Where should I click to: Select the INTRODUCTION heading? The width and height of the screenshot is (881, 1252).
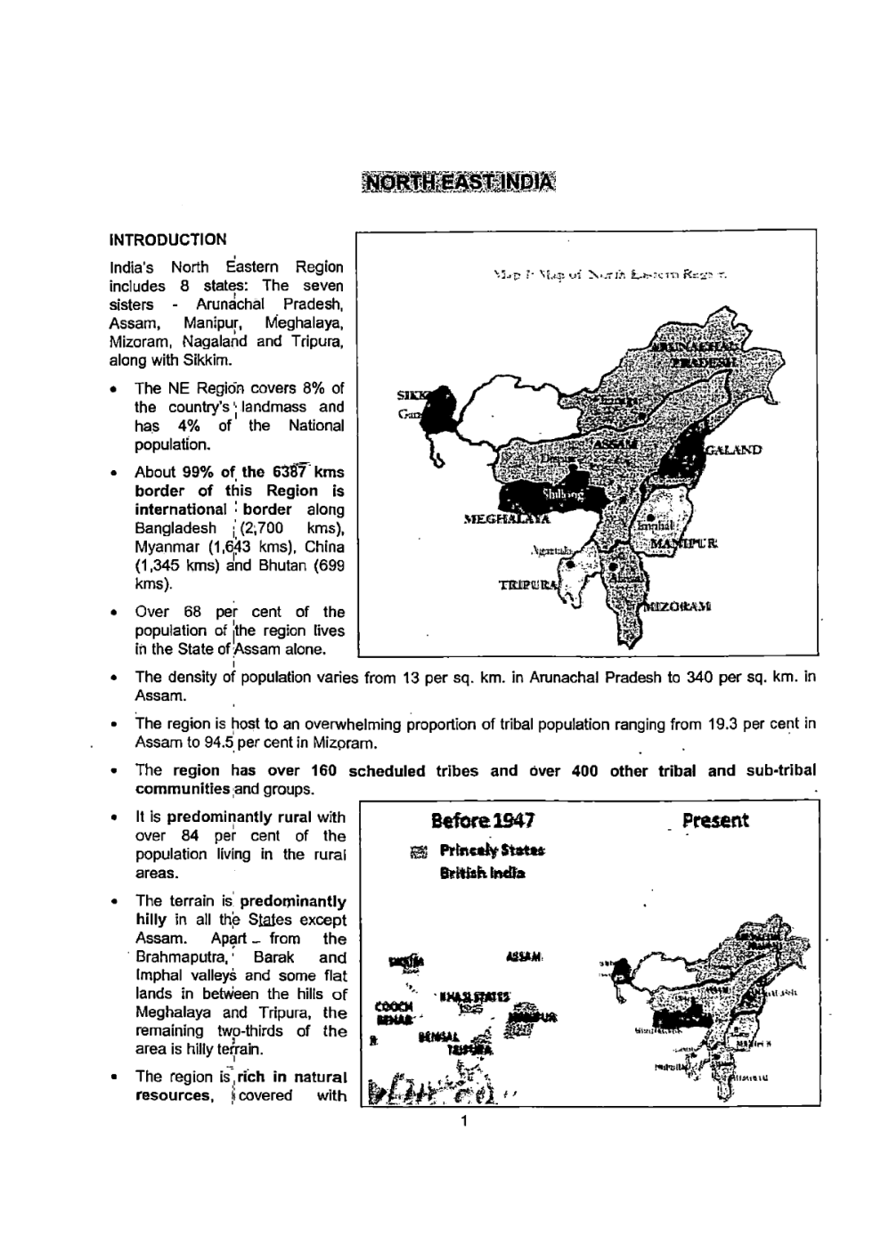pos(167,240)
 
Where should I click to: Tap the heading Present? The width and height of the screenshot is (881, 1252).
pos(715,820)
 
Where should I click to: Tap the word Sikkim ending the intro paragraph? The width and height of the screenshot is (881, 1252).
pos(208,361)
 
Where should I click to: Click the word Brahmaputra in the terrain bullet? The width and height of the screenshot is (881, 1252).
pos(176,957)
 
